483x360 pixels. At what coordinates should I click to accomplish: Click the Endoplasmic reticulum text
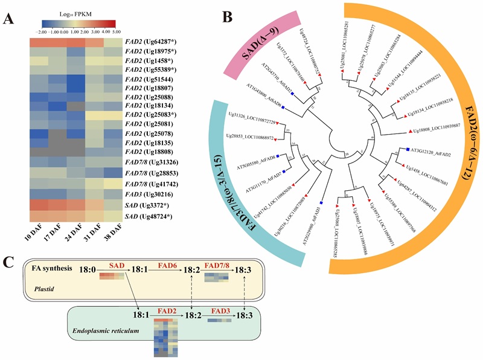(x=103, y=331)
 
